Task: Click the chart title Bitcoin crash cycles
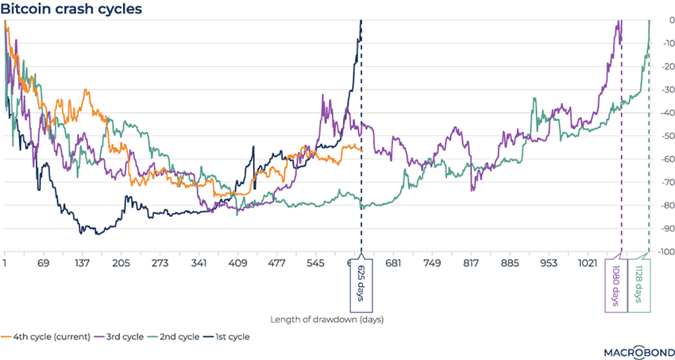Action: click(71, 10)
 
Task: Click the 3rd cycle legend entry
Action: click(121, 337)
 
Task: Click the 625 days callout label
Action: click(361, 283)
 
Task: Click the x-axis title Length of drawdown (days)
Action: click(327, 319)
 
